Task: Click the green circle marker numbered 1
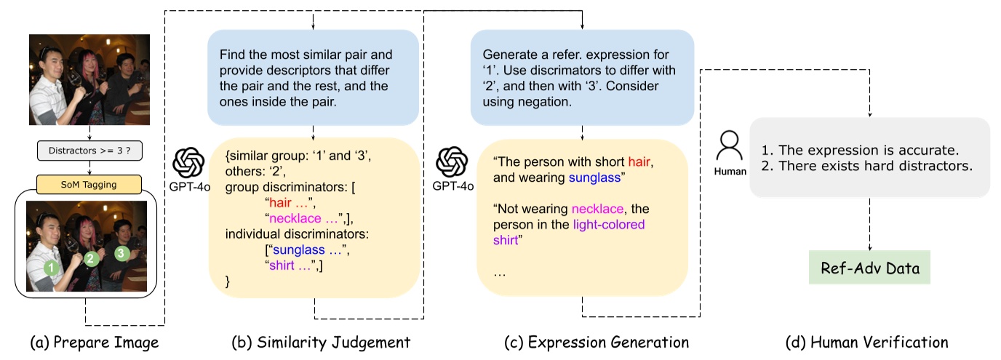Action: pyautogui.click(x=51, y=268)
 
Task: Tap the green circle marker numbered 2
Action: pyautogui.click(x=91, y=258)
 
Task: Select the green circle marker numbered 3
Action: pyautogui.click(x=122, y=253)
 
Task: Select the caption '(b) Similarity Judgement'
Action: pyautogui.click(x=321, y=341)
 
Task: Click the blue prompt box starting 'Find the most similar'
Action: pyautogui.click(x=314, y=76)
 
